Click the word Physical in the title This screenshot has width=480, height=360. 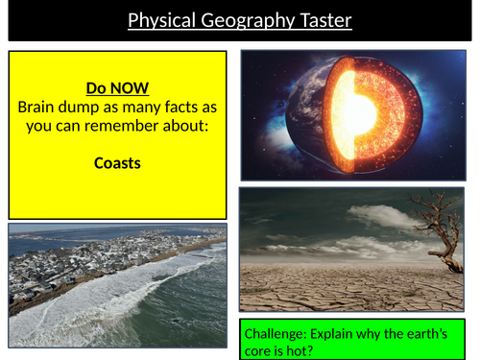pos(158,19)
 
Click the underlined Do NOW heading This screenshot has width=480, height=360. pos(117,88)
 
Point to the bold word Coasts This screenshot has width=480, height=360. pos(117,162)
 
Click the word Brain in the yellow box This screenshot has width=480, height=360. pos(38,107)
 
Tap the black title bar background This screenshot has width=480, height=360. pos(58,19)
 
